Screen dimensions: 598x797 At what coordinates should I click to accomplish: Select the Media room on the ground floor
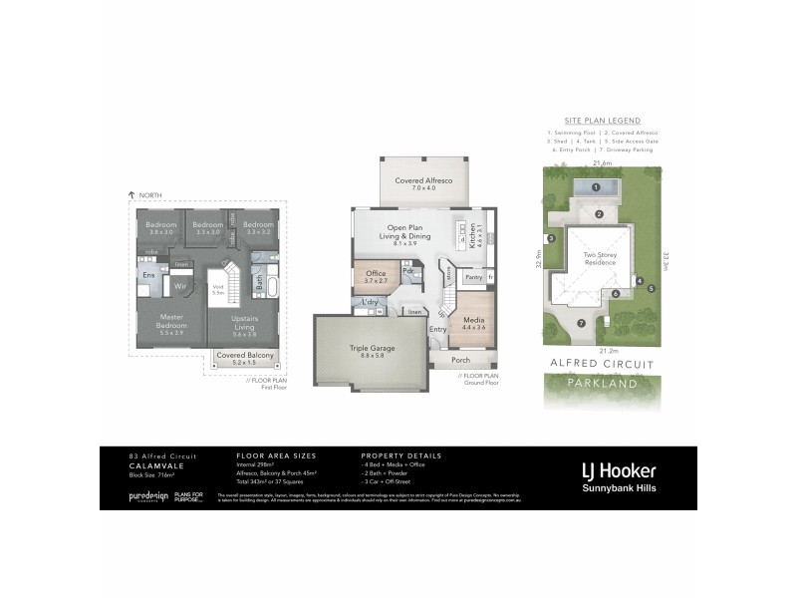473,321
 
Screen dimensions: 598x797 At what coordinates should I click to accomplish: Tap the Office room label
375,276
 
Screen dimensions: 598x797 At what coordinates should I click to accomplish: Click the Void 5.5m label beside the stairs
217,291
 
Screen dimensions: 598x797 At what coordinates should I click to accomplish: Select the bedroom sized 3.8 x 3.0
160,228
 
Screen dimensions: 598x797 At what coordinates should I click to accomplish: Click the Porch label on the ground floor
460,360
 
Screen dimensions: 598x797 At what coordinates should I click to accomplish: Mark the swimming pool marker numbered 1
596,187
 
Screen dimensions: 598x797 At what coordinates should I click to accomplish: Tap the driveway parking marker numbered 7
580,324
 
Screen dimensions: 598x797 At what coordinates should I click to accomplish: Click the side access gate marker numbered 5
652,289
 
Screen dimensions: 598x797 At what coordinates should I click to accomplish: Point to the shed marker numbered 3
549,238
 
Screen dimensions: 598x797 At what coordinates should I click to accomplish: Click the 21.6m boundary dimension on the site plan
602,162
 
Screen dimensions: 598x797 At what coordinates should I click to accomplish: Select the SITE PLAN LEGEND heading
602,120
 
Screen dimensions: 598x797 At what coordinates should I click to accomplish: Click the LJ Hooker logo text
619,470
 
